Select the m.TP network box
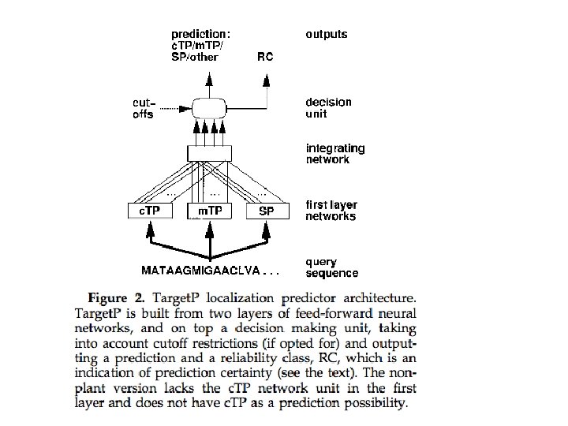point(209,211)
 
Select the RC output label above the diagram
point(266,57)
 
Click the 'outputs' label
point(327,35)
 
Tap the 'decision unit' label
point(328,107)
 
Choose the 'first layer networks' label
point(331,211)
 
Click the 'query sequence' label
point(331,267)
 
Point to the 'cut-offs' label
point(144,108)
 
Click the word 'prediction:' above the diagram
point(201,35)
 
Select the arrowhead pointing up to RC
point(267,78)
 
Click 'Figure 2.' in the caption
point(118,298)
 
